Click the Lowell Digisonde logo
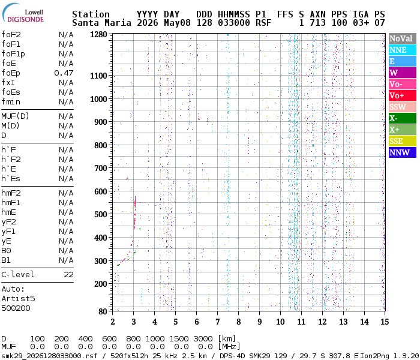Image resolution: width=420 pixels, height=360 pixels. (23, 13)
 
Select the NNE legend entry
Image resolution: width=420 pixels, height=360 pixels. (403, 50)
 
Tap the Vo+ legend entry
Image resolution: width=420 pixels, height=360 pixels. (403, 95)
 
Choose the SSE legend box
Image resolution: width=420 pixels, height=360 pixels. (403, 141)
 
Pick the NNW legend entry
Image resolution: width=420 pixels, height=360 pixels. (403, 152)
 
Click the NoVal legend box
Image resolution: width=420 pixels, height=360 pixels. (403, 38)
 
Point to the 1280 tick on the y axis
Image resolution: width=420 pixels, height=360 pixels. (98, 35)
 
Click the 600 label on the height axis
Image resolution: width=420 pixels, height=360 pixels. (101, 192)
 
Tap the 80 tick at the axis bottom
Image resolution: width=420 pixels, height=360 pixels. (103, 311)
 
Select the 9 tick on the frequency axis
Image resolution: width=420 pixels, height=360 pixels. (259, 322)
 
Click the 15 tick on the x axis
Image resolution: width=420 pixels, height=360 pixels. (385, 322)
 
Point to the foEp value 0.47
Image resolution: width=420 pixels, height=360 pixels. (64, 73)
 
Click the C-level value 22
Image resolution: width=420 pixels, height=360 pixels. (68, 275)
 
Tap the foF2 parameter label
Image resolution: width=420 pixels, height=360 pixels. (11, 35)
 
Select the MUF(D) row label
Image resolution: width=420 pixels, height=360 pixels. (15, 116)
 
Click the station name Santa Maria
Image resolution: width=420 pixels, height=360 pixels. (101, 23)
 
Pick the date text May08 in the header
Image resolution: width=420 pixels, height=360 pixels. (177, 23)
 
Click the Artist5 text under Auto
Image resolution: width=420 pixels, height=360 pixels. (18, 299)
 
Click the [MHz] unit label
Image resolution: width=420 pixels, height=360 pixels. (229, 347)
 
